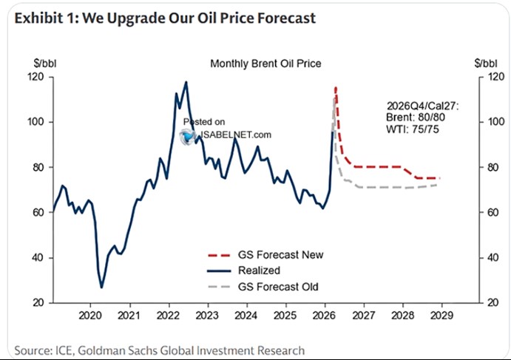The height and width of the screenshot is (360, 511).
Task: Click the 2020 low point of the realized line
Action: [x=101, y=288]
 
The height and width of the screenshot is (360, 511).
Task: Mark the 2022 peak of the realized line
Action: [x=186, y=82]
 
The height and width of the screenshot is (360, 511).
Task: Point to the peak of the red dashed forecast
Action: [x=336, y=87]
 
